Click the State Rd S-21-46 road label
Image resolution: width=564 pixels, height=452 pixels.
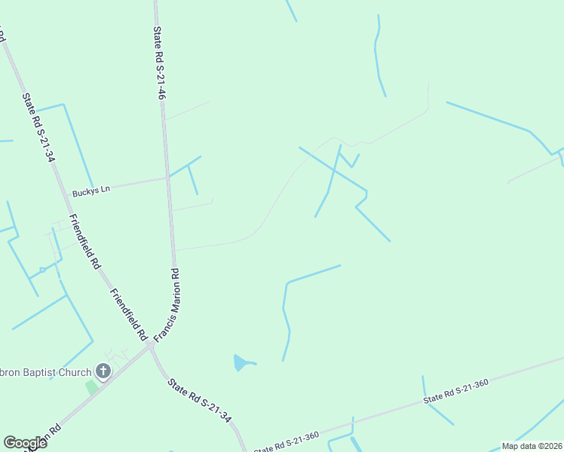click(159, 63)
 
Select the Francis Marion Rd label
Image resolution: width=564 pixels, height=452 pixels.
click(168, 305)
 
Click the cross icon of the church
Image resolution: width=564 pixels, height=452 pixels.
click(104, 371)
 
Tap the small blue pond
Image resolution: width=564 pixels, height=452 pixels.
click(241, 363)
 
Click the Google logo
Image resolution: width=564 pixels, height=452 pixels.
click(25, 443)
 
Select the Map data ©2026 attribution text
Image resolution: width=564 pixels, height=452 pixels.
click(532, 446)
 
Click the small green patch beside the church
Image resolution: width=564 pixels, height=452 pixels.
click(91, 387)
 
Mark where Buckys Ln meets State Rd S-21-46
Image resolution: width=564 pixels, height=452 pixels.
click(167, 179)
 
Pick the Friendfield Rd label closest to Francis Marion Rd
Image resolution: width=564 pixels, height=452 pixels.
click(127, 314)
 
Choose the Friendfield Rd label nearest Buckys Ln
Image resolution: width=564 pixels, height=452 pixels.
click(84, 241)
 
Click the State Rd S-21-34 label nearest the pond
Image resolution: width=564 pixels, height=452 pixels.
click(198, 400)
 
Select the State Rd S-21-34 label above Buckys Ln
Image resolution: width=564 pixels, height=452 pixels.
click(39, 127)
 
